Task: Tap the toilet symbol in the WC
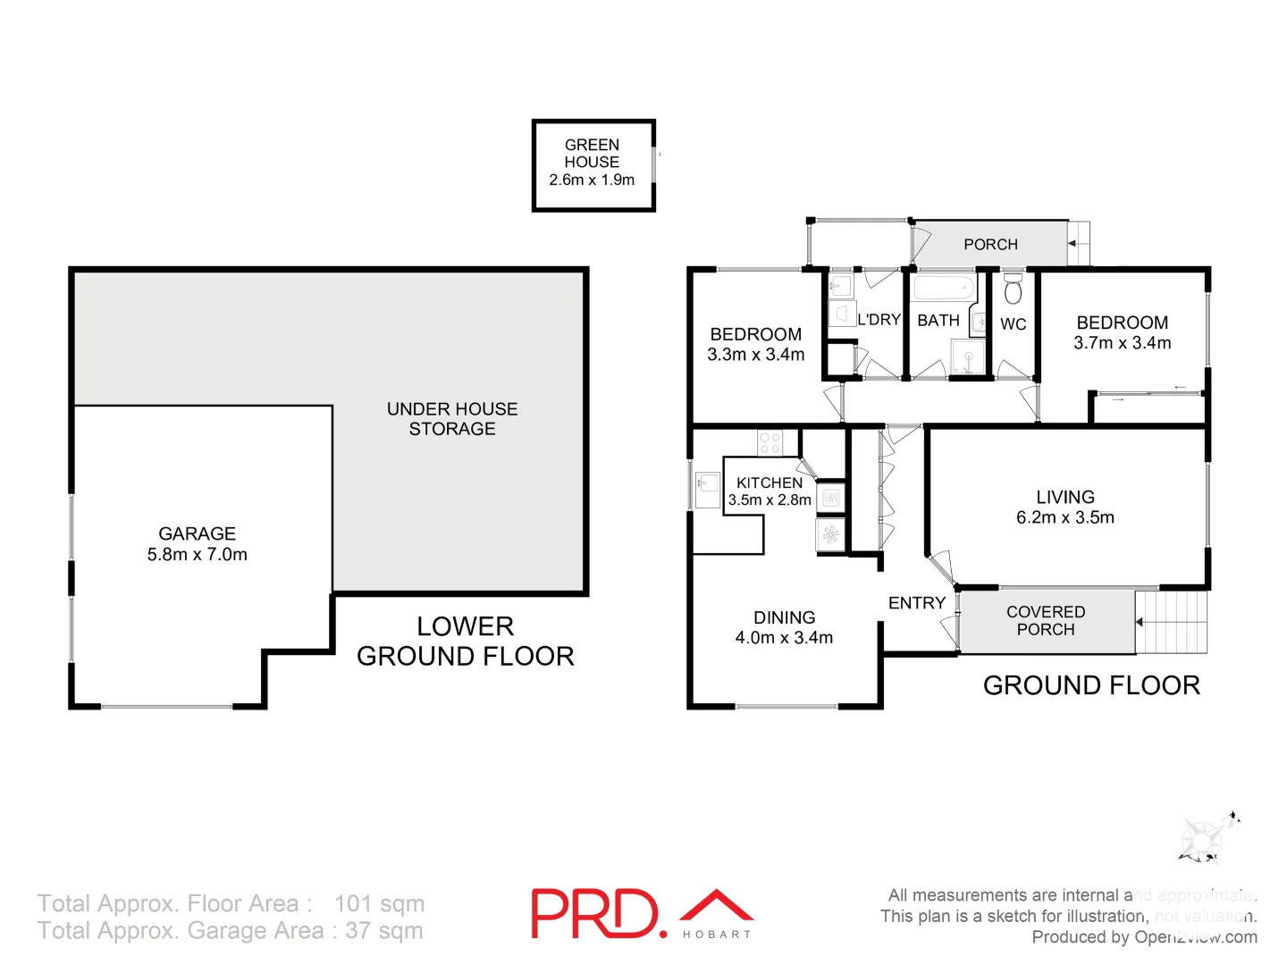[x=1013, y=290]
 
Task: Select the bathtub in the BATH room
[x=943, y=289]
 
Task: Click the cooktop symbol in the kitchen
[x=770, y=441]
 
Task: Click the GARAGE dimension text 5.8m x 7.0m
[x=198, y=554]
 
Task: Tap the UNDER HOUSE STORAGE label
[x=452, y=418]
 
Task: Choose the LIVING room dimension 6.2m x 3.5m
[x=1064, y=517]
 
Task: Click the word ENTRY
[x=916, y=603]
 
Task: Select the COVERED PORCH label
[x=1046, y=620]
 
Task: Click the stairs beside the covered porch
[x=1173, y=622]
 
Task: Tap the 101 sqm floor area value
[x=380, y=903]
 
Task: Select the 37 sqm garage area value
[x=384, y=930]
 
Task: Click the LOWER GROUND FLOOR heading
[x=465, y=641]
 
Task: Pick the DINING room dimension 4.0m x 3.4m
[x=784, y=638]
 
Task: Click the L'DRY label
[x=879, y=319]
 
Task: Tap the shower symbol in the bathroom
[x=967, y=357]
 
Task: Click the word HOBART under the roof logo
[x=717, y=935]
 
